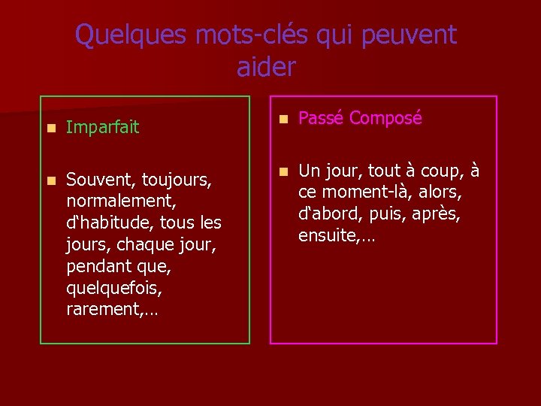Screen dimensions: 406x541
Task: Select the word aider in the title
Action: (267, 67)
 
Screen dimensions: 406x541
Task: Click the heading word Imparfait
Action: (102, 128)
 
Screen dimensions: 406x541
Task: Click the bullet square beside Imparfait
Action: (49, 129)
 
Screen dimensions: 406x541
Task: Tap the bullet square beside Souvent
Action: (49, 180)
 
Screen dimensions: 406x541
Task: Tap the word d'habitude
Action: (104, 223)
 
